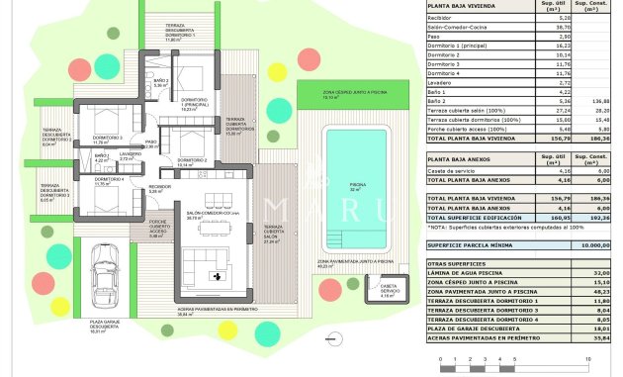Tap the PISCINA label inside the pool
coord(356,185)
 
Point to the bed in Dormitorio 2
coord(196,135)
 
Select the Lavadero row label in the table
coord(440,81)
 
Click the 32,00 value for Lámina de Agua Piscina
coord(598,272)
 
